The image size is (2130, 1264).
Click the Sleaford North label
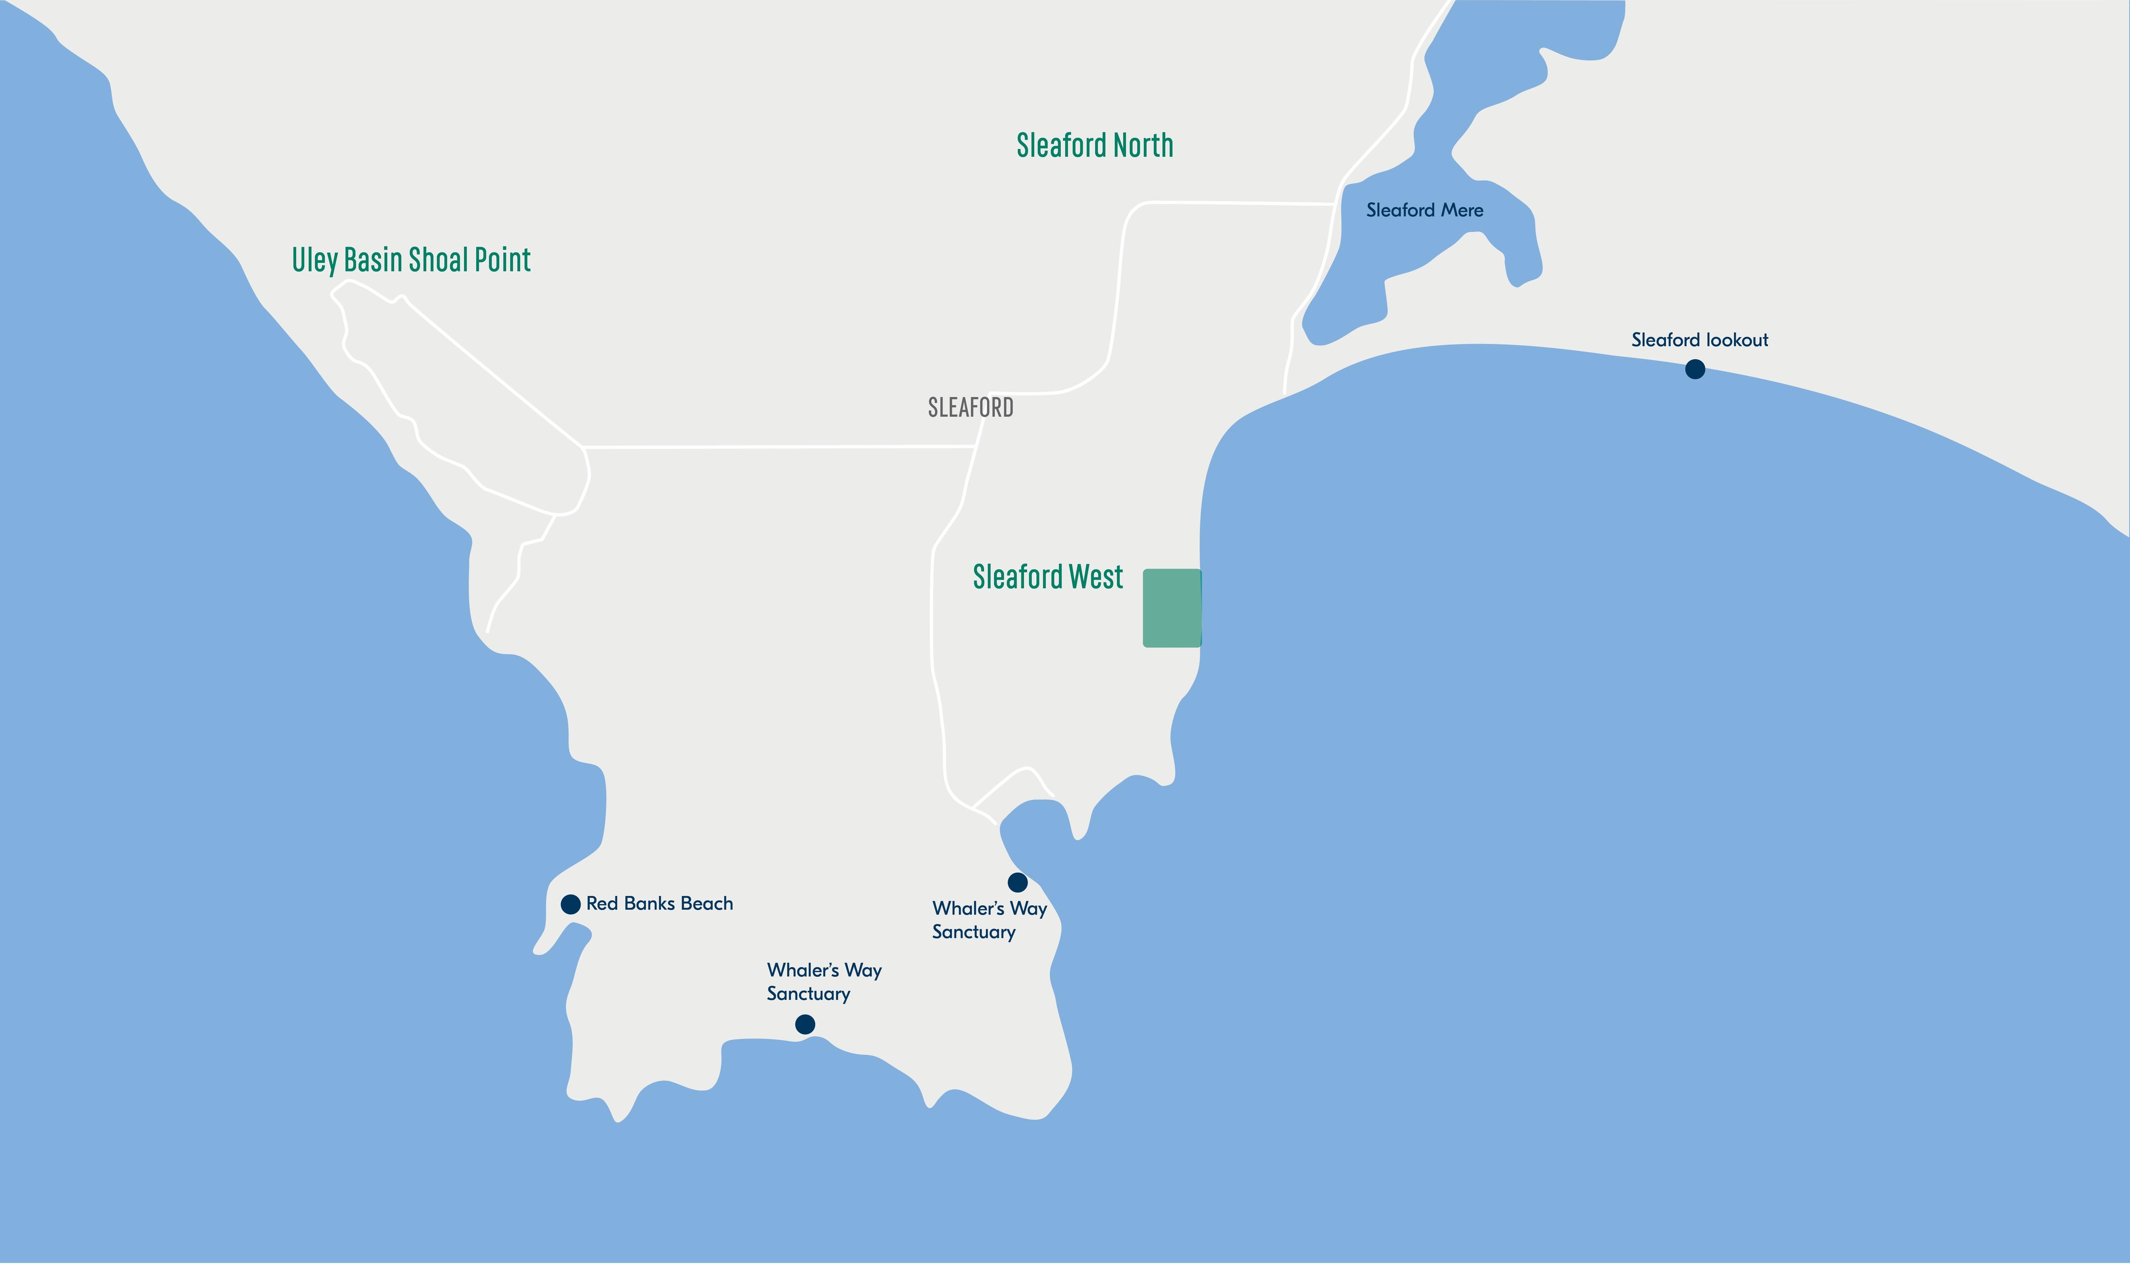point(1095,146)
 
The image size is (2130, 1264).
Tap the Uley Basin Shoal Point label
point(411,260)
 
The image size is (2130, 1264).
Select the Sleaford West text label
point(1048,577)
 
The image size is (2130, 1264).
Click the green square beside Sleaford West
point(1171,608)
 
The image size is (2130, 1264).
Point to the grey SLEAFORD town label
point(970,408)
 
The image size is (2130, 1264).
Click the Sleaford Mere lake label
point(1424,211)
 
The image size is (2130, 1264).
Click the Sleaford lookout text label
point(1699,340)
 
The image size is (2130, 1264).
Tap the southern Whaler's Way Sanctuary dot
point(804,1024)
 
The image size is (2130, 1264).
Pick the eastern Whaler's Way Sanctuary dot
point(1017,883)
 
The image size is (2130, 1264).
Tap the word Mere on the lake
point(1462,211)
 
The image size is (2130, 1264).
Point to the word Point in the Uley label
point(502,260)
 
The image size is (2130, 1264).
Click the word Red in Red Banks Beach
point(602,904)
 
